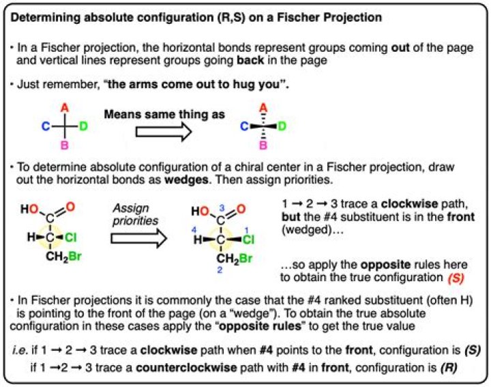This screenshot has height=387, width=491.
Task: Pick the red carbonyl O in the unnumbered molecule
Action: click(70, 207)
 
